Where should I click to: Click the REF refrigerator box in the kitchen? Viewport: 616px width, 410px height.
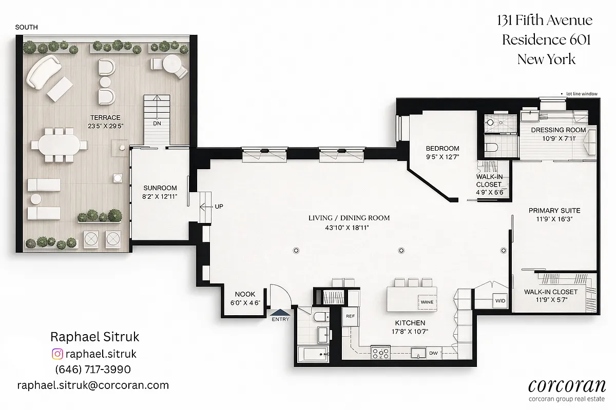pyautogui.click(x=350, y=317)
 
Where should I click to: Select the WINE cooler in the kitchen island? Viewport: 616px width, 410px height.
pyautogui.click(x=427, y=302)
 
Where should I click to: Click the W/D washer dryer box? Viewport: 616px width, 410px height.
pyautogui.click(x=500, y=300)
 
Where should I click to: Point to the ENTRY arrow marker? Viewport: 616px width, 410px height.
pyautogui.click(x=280, y=312)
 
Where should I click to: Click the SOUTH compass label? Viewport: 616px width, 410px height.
pyautogui.click(x=26, y=27)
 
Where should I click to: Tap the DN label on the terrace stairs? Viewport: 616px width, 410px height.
pyautogui.click(x=157, y=124)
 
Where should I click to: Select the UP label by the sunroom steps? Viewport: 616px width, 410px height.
pyautogui.click(x=219, y=207)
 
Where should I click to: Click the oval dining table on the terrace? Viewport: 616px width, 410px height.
pyautogui.click(x=59, y=144)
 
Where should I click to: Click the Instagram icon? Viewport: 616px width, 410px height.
pyautogui.click(x=57, y=354)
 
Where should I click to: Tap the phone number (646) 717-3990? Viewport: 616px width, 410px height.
pyautogui.click(x=93, y=370)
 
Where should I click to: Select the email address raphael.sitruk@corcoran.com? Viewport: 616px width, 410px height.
pyautogui.click(x=93, y=385)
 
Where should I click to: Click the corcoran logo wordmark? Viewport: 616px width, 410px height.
pyautogui.click(x=567, y=385)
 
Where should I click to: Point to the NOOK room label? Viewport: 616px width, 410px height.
pyautogui.click(x=245, y=294)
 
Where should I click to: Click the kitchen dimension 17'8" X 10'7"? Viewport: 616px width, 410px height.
pyautogui.click(x=410, y=331)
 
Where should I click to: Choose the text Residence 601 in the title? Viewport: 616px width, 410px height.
pyautogui.click(x=546, y=39)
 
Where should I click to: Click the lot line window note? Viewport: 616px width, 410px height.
pyautogui.click(x=582, y=94)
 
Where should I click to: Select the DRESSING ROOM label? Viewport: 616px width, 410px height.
pyautogui.click(x=559, y=130)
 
